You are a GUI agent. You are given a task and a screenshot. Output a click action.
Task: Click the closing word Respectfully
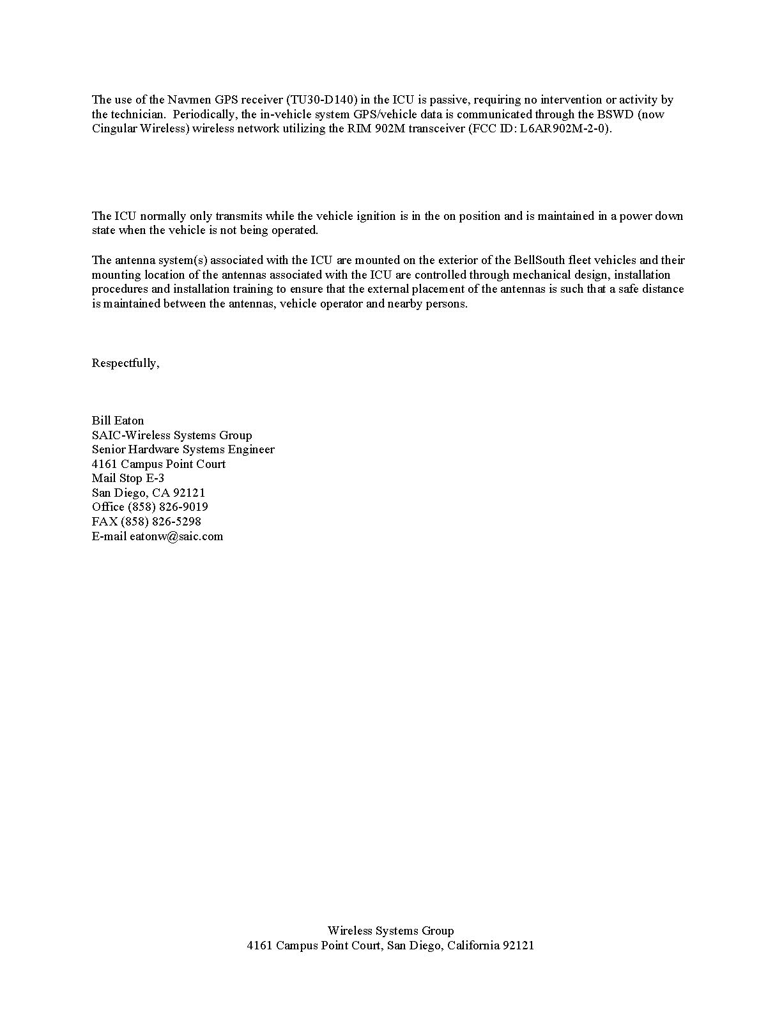(x=125, y=363)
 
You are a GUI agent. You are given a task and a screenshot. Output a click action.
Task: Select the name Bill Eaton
(x=118, y=421)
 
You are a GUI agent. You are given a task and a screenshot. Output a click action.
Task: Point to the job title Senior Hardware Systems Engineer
(x=183, y=449)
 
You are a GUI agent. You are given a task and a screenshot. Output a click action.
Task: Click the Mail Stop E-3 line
(x=128, y=478)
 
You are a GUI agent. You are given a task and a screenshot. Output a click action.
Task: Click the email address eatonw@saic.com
(x=176, y=536)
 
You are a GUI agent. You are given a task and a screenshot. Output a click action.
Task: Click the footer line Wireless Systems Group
(x=390, y=931)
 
